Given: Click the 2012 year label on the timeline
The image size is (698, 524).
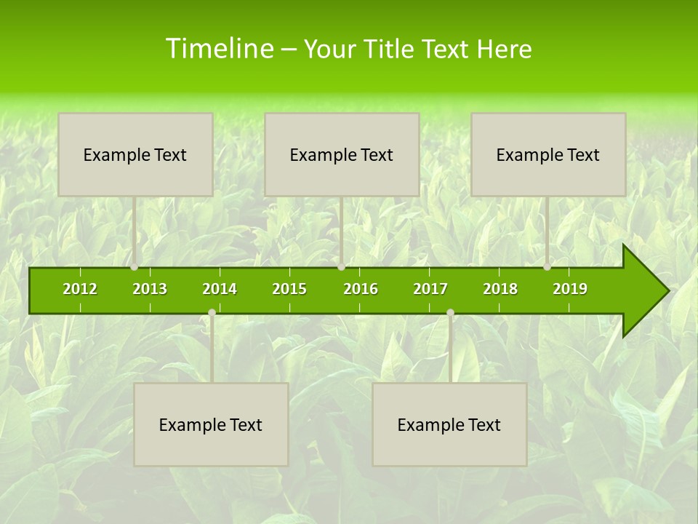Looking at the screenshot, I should (80, 289).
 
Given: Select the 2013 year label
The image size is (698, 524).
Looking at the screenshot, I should (150, 289).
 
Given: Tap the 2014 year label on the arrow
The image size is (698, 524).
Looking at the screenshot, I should (220, 289).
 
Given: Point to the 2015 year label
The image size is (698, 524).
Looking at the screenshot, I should (289, 289).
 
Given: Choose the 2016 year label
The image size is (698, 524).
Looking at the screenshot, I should (361, 289).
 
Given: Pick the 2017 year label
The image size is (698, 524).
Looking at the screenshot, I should (430, 289).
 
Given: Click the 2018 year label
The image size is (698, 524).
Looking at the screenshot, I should (500, 289).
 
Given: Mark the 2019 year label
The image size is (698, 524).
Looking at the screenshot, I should (570, 289).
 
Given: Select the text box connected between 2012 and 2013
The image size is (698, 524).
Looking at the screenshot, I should (135, 154).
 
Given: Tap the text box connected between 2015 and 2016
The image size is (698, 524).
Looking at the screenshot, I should (342, 154).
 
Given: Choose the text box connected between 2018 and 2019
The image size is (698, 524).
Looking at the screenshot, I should (548, 154).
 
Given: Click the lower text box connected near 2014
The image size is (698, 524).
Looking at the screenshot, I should (211, 424).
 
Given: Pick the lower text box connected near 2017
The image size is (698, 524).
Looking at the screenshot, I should (449, 424).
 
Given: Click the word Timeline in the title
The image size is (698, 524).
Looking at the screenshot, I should (219, 49).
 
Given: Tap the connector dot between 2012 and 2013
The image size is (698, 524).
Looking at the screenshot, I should (135, 267).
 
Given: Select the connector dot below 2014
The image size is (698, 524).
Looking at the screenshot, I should (212, 313).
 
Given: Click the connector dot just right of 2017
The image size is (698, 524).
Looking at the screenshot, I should (450, 313).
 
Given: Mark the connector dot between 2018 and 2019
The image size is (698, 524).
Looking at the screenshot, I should (547, 267).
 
